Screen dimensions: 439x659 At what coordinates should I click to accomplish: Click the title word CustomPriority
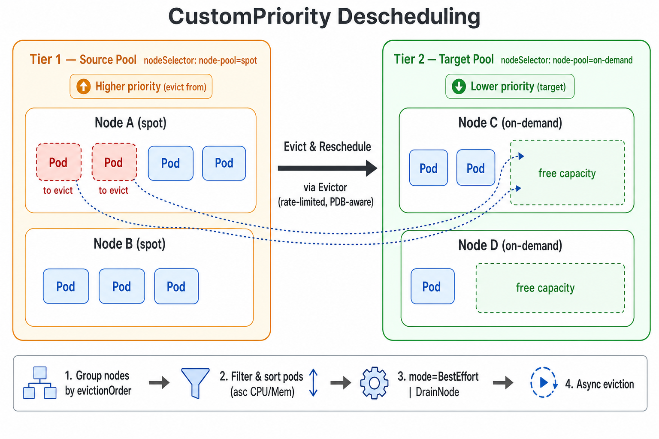tap(249, 17)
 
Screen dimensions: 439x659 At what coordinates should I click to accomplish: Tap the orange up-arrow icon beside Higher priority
tap(84, 87)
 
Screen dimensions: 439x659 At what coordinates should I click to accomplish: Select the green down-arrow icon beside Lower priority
tap(459, 87)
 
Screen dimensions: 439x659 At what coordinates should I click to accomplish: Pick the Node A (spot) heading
tap(130, 123)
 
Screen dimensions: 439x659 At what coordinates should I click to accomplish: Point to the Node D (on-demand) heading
tap(510, 246)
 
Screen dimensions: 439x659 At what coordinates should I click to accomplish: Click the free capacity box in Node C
tap(567, 173)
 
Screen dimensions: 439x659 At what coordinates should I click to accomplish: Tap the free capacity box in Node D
tap(550, 288)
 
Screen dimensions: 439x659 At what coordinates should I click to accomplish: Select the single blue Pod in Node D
tap(432, 286)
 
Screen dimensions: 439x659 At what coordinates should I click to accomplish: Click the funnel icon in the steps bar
tap(195, 382)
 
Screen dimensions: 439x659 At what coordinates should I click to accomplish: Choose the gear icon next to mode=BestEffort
tap(374, 383)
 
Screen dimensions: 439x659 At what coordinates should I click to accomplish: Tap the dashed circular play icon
tap(543, 382)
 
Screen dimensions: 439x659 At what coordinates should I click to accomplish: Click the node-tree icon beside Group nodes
tap(39, 383)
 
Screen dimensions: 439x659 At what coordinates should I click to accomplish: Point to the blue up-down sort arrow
tap(313, 382)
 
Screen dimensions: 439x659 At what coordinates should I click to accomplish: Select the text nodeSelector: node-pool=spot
tap(200, 60)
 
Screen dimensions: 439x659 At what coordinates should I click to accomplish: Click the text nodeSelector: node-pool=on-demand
tap(566, 60)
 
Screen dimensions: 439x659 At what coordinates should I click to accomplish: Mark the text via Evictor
tap(325, 187)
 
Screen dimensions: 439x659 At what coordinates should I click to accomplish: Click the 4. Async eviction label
tap(599, 384)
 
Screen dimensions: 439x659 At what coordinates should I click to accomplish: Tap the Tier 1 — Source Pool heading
tap(83, 60)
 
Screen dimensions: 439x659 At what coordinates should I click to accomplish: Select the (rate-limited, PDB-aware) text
tap(326, 202)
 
